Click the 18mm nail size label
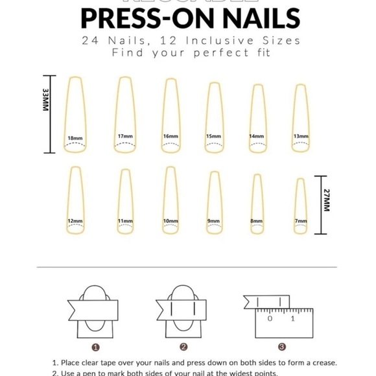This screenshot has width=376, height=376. point(75,138)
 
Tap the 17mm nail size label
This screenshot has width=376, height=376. point(125,136)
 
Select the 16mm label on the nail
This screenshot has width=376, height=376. point(170,136)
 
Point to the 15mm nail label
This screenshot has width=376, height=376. point(213,136)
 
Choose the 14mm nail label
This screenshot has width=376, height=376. point(257,136)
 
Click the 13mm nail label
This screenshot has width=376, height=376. point(300,136)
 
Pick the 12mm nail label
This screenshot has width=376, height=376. point(75,221)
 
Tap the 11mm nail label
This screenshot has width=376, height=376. point(125,221)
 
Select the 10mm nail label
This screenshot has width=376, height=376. point(170,221)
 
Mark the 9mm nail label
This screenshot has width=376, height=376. point(213,221)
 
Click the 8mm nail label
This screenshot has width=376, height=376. point(257,221)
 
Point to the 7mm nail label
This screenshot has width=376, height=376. point(300,221)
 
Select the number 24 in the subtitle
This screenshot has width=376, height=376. point(91,41)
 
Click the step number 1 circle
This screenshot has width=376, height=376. point(95,347)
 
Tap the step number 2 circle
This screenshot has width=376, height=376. point(183,347)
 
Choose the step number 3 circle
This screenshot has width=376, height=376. point(281,347)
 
